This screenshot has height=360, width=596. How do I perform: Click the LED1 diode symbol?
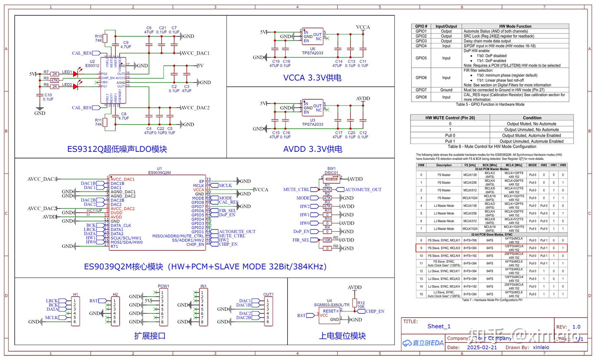click(75, 74)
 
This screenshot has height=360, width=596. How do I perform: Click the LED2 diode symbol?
click(75, 86)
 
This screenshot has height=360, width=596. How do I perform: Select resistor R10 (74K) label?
click(99, 38)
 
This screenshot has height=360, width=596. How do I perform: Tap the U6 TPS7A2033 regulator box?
click(312, 36)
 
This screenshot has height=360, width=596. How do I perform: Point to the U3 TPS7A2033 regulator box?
click(312, 108)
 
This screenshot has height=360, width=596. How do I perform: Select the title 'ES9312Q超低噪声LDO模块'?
click(117, 149)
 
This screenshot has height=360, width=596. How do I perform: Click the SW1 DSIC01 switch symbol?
click(332, 179)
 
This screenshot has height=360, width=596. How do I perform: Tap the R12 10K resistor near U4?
click(354, 303)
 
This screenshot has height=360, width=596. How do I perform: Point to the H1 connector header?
click(75, 309)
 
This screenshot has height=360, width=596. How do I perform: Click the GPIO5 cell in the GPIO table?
click(421, 58)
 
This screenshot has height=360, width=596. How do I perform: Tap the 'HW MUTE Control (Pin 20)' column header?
click(450, 118)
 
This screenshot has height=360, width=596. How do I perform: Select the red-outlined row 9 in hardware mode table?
click(491, 248)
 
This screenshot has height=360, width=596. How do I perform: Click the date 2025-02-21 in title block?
click(482, 348)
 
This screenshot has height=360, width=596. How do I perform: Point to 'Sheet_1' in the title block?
click(439, 326)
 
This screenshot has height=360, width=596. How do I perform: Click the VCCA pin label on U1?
click(199, 190)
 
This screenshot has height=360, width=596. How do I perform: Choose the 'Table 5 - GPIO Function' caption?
click(490, 104)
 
